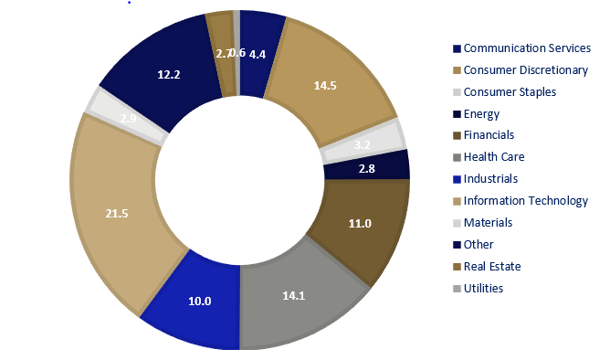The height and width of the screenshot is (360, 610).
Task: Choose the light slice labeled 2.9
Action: (x=128, y=118)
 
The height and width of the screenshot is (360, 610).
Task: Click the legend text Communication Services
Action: (x=527, y=48)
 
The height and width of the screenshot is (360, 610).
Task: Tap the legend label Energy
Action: (x=481, y=113)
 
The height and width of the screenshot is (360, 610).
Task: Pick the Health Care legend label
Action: (x=493, y=157)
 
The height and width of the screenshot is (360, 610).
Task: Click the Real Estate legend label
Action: (x=492, y=266)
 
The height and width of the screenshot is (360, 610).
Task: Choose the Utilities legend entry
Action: (x=483, y=288)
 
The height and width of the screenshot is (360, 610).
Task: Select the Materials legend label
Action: (x=488, y=222)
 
